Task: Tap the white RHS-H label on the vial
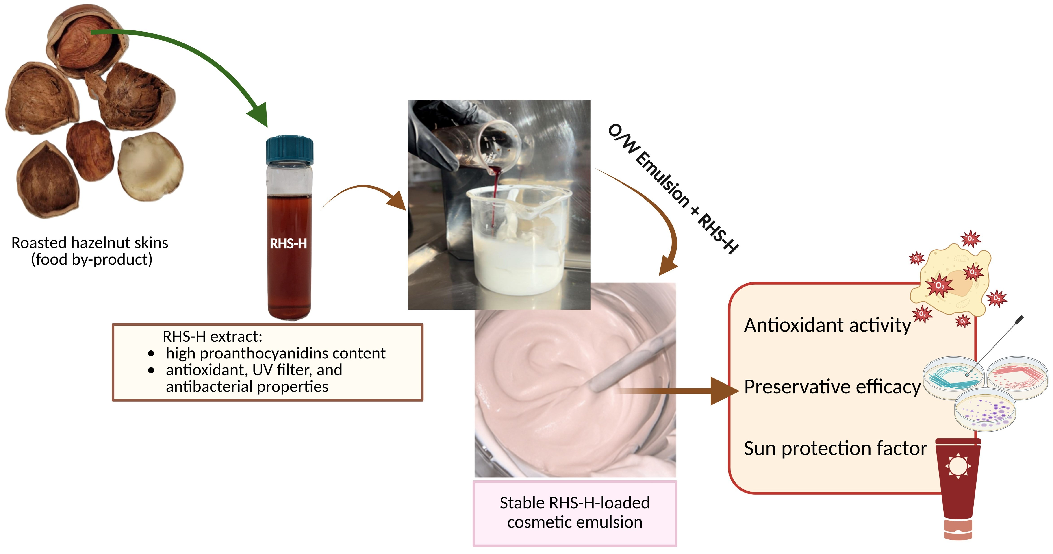click(288, 244)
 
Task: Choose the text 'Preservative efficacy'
click(832, 387)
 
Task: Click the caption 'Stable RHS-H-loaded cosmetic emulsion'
click(574, 512)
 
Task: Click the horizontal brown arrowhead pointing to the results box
click(723, 391)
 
